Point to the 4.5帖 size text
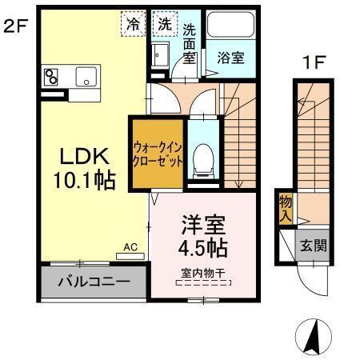(x=202, y=245)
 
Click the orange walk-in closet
(x=158, y=154)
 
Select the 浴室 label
(x=230, y=58)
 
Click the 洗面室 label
(x=190, y=44)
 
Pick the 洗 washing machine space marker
(x=164, y=23)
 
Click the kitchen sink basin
(x=85, y=77)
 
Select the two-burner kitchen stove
(x=53, y=77)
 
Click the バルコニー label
(x=94, y=282)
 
